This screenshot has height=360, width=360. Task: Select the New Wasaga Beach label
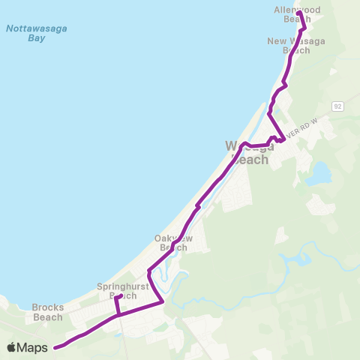click(x=289, y=45)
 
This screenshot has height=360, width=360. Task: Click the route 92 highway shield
click(x=338, y=106)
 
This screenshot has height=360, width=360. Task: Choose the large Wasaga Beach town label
click(x=250, y=152)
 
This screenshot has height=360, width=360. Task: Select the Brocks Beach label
click(x=48, y=312)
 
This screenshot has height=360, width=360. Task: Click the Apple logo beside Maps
click(x=11, y=347)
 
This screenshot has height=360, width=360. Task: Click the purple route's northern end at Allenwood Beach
click(x=298, y=13)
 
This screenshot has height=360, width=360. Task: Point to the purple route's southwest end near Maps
click(x=55, y=346)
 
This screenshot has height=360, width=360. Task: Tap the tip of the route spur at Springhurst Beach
click(x=121, y=296)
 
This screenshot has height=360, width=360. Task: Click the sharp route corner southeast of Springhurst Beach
click(x=163, y=301)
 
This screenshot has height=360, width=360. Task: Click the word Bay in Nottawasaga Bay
click(x=27, y=37)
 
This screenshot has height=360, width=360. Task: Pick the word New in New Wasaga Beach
click(x=276, y=40)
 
